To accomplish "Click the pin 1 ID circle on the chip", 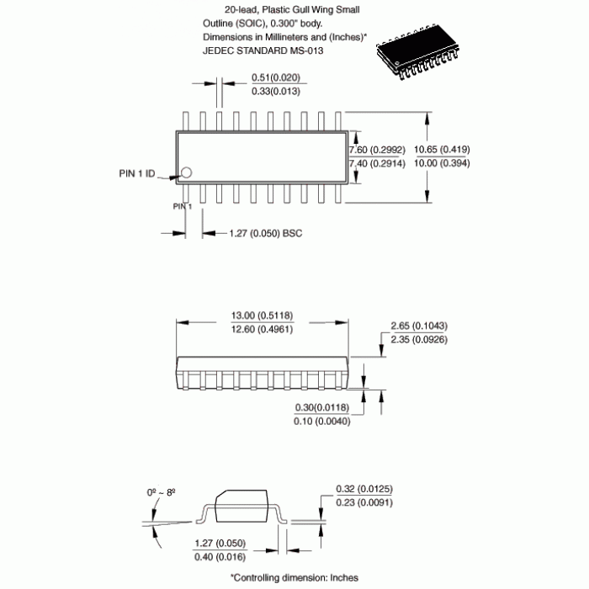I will click(x=186, y=172).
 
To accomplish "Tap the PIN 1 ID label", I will click(x=136, y=174).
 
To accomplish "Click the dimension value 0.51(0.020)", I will click(x=276, y=78).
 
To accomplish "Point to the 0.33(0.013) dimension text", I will click(x=276, y=91).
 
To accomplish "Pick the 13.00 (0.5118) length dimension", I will click(x=262, y=316).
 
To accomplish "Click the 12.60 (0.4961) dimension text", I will click(x=262, y=329).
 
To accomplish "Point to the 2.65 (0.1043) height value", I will click(x=419, y=326).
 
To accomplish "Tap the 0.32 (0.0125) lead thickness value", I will click(x=364, y=489).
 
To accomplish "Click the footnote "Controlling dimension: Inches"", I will click(x=294, y=577).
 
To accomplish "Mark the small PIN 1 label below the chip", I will click(x=183, y=206).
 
